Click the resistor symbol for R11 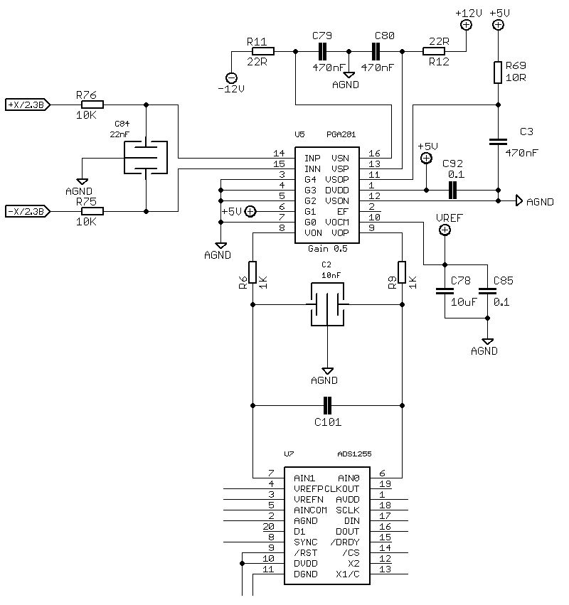263,51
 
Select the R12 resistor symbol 434,51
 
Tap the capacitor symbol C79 322,51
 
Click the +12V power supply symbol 467,25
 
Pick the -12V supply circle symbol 231,78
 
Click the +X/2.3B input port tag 28,105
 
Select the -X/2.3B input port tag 28,211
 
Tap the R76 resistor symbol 92,105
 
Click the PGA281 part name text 341,134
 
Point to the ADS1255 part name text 354,454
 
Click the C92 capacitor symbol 452,191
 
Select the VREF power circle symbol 445,230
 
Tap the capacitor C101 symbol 327,405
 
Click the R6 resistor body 252,272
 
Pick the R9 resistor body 402,272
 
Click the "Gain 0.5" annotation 328,249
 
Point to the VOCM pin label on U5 337,223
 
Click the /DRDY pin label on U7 345,542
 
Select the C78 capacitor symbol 445,291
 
